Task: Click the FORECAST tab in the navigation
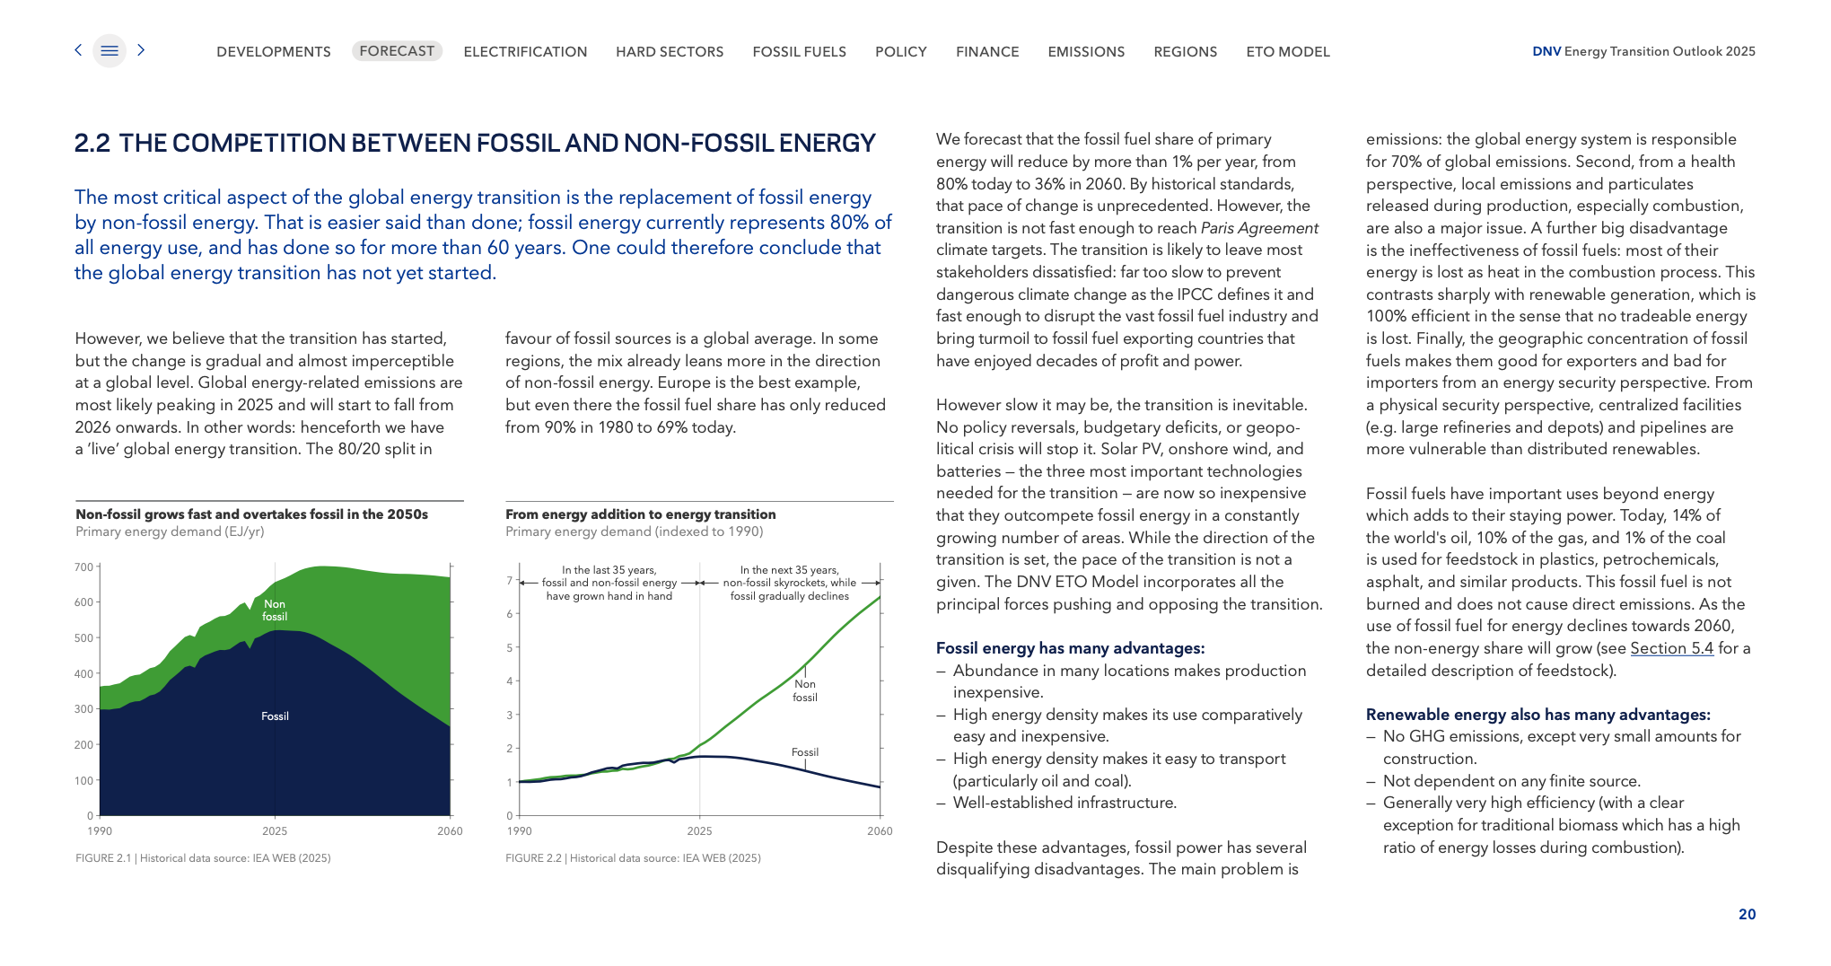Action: pos(397,51)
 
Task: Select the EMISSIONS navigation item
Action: pos(1086,52)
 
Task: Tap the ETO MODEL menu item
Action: pos(1288,52)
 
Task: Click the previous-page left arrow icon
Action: pos(78,50)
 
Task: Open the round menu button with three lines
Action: pos(110,51)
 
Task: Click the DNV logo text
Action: pos(1546,51)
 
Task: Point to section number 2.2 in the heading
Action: pos(92,144)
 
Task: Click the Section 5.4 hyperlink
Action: pos(1671,648)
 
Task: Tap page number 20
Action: pos(1747,914)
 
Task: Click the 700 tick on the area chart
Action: pos(83,567)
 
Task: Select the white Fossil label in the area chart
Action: pos(275,716)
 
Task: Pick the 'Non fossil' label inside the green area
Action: pos(275,610)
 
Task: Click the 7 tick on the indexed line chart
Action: pos(510,581)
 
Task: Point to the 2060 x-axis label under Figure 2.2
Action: pos(880,831)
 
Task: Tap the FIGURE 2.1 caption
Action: pos(203,858)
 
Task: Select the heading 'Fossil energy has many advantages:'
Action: pos(1070,648)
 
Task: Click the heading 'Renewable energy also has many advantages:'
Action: pos(1538,715)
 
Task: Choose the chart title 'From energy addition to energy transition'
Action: pos(640,514)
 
